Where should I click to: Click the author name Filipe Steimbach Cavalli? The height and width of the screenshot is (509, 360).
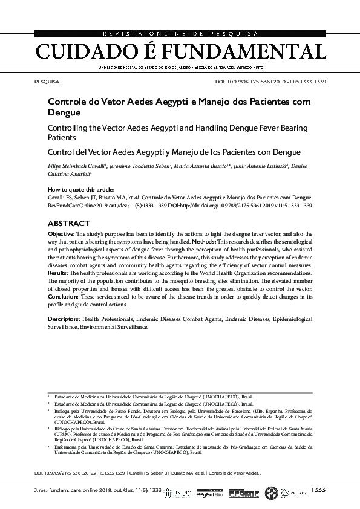click(x=76, y=166)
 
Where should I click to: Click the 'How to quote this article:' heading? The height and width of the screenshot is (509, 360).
click(x=80, y=189)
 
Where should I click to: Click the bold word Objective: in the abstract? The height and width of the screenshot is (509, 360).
click(x=61, y=233)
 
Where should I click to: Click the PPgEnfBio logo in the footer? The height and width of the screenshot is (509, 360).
click(x=211, y=493)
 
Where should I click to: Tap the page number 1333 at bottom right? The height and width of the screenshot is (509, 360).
click(x=318, y=489)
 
